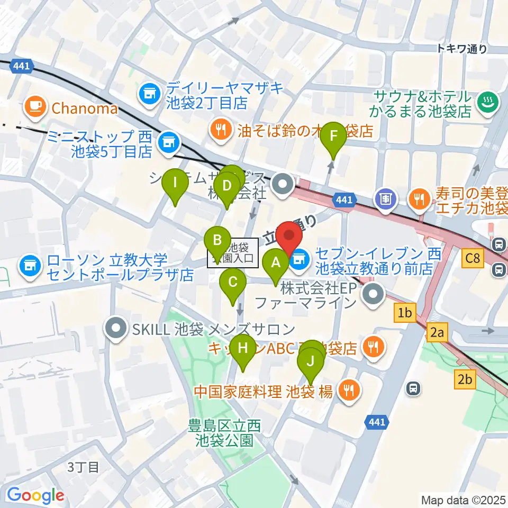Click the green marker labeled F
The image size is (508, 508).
pos(333,137)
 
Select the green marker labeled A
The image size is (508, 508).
pos(275,262)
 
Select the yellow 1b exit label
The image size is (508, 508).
pos(405,313)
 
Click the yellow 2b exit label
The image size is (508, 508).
pos(466,379)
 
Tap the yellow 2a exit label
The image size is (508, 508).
pos(437,333)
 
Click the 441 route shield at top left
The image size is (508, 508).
pos(22,66)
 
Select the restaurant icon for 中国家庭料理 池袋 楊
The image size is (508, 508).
pos(348,392)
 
